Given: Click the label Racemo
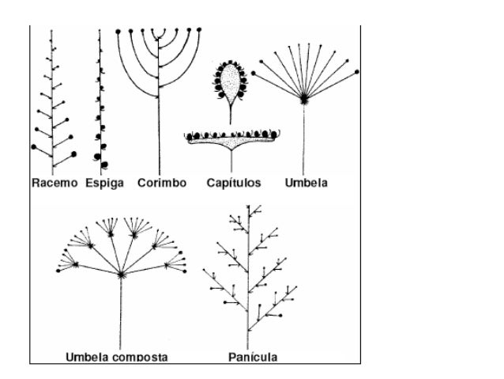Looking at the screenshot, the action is [x=55, y=183].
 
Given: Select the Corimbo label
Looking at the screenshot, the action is [x=161, y=183].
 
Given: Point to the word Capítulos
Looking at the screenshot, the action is [x=234, y=183].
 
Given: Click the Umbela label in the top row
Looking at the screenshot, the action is [x=306, y=183].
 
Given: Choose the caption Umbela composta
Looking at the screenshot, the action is [x=116, y=357].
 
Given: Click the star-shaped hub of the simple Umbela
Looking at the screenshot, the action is [x=304, y=99].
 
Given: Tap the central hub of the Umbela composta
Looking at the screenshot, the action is [x=122, y=274].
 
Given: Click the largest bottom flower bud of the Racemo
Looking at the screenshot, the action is [x=73, y=154].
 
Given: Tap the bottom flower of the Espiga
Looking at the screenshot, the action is [x=99, y=155].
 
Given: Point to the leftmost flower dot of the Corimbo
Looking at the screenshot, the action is [x=118, y=31].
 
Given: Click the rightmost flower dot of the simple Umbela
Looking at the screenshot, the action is [x=359, y=72].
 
